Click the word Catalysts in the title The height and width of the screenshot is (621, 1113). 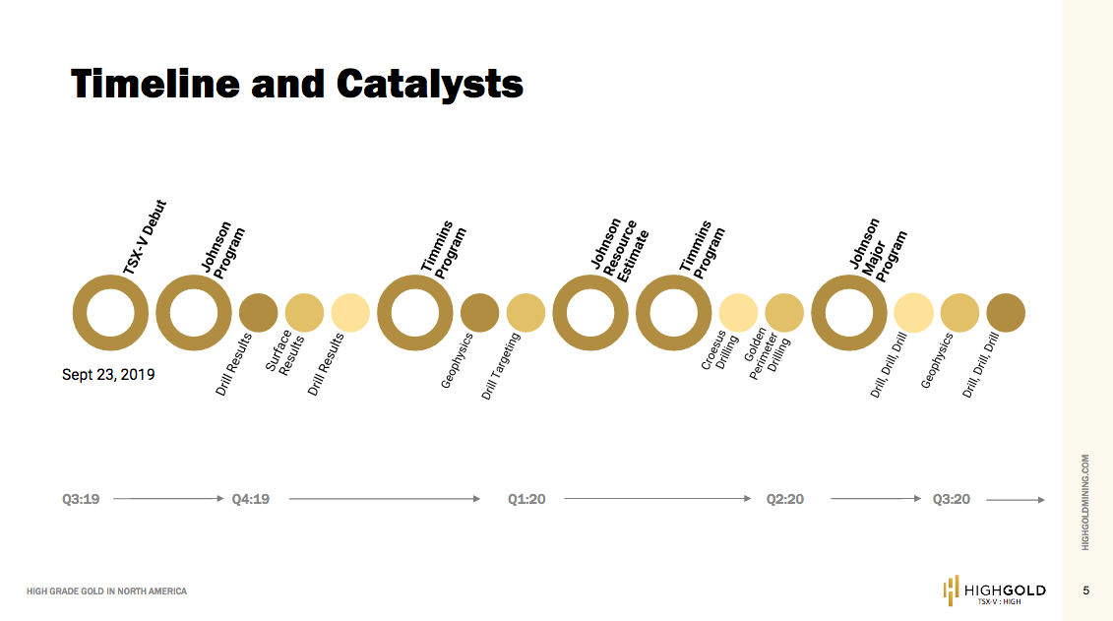[x=430, y=84]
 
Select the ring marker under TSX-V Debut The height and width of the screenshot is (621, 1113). [x=110, y=313]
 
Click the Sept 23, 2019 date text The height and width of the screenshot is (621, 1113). [x=108, y=375]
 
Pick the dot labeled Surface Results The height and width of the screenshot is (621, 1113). [x=304, y=313]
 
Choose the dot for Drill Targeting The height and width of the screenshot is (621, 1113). [x=526, y=313]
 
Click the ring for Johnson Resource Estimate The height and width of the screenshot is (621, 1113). [x=590, y=313]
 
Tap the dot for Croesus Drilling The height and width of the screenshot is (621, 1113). [x=738, y=313]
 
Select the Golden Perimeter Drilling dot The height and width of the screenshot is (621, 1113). [x=784, y=313]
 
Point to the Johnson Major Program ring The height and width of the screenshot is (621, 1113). [x=849, y=313]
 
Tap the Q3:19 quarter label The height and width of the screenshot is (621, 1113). [x=81, y=500]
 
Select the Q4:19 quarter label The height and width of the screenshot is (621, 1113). [x=251, y=500]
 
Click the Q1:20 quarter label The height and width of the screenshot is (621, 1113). [x=526, y=500]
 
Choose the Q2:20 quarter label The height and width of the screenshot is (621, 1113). [x=785, y=500]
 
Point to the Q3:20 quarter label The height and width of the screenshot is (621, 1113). [x=952, y=500]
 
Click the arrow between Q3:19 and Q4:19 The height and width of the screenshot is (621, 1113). [x=168, y=500]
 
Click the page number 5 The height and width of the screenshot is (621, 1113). [x=1086, y=590]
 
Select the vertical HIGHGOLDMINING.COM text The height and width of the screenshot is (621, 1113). [x=1085, y=502]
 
